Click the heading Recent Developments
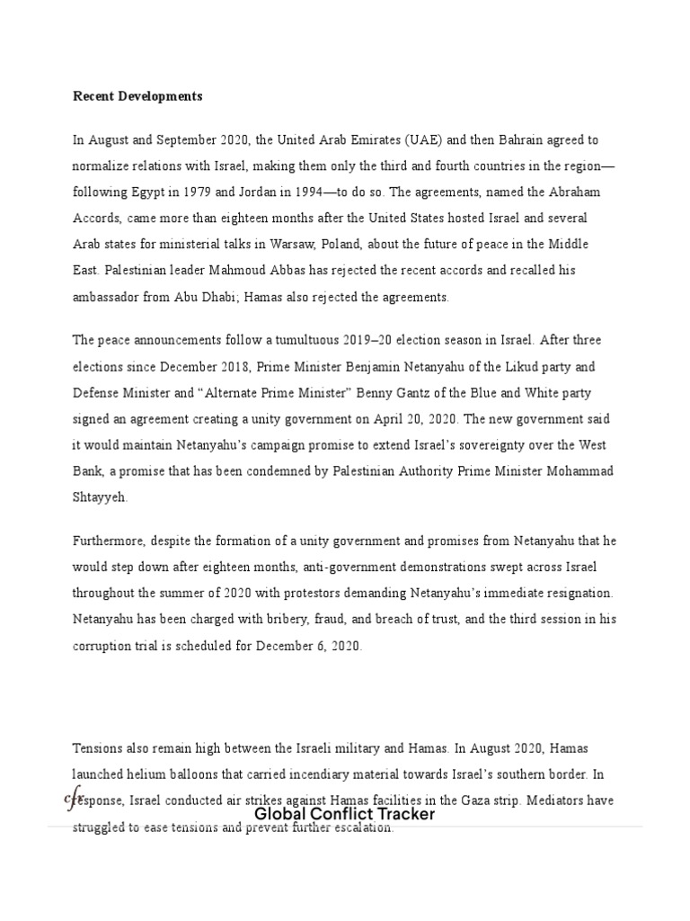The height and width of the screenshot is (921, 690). [x=137, y=96]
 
